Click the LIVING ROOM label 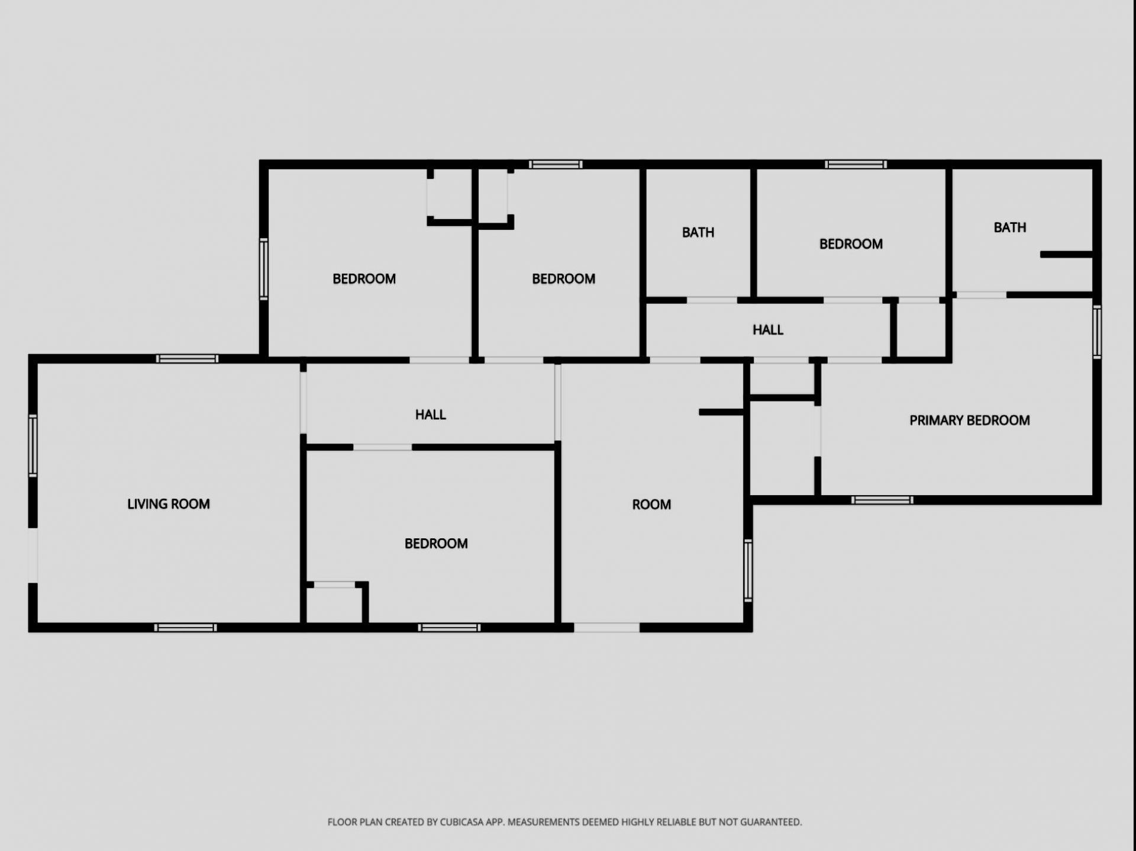[x=169, y=504]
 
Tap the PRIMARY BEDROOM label [x=969, y=420]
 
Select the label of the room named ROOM [x=651, y=505]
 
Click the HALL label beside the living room [x=430, y=415]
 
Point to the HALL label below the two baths [x=767, y=330]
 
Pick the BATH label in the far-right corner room [x=1009, y=227]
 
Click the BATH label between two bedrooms [x=698, y=232]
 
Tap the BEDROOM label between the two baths [x=851, y=244]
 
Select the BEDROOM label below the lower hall [x=436, y=544]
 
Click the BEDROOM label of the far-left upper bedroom [x=364, y=279]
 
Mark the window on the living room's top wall [x=187, y=359]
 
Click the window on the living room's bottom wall [x=185, y=628]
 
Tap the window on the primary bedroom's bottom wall [x=882, y=500]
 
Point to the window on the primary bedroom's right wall [x=1097, y=332]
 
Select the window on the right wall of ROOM [x=748, y=570]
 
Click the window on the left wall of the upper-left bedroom [x=264, y=269]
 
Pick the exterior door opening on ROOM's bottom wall [x=606, y=628]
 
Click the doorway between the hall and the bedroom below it [x=383, y=447]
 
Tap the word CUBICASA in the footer [x=462, y=822]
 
